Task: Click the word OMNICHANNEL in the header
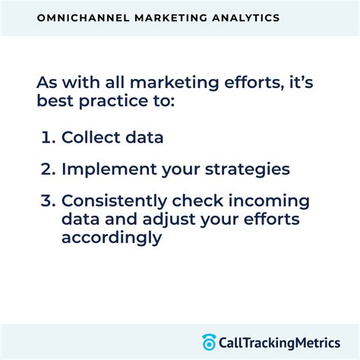pos(81,16)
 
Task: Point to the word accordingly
pos(112,237)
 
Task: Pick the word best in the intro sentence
pos(52,100)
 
